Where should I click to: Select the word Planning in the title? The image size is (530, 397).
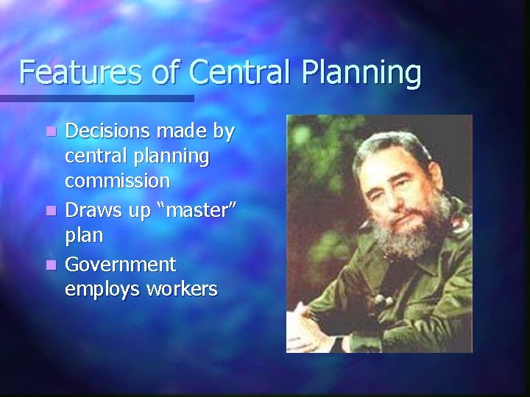click(361, 74)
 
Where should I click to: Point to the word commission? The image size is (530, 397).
click(118, 181)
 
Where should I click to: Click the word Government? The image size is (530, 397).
click(120, 263)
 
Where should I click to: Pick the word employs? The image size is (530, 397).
click(102, 288)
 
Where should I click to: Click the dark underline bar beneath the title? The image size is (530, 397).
click(96, 97)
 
